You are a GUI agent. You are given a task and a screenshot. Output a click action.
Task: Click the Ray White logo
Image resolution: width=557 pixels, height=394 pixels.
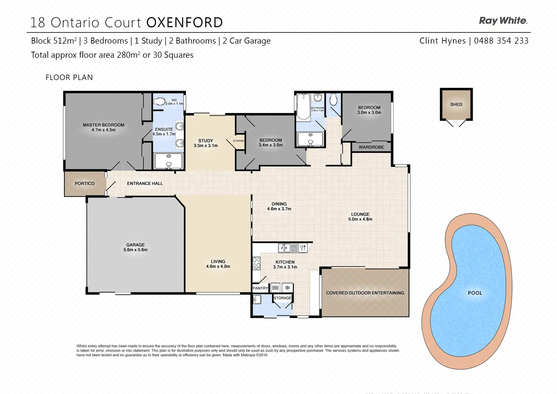(x=503, y=21)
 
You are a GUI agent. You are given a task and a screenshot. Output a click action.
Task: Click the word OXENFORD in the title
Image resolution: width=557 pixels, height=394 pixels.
(x=185, y=23)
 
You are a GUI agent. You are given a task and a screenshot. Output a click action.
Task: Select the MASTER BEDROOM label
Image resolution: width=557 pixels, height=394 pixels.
(x=103, y=125)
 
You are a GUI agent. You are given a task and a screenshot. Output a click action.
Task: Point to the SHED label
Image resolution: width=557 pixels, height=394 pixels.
(x=456, y=104)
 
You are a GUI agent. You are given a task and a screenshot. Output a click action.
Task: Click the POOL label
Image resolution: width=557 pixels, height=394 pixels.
(x=475, y=293)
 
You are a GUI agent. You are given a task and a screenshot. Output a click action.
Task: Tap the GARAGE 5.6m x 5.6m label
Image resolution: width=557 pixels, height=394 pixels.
(x=135, y=247)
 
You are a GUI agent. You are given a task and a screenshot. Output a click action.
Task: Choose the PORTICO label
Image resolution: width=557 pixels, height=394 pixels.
(x=85, y=184)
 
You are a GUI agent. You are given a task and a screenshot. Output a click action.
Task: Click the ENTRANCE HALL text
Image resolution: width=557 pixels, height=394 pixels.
(x=145, y=184)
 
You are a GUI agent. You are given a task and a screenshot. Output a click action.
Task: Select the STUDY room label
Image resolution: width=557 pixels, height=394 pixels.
(x=206, y=141)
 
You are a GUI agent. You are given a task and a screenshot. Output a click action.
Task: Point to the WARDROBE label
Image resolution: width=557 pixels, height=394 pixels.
(x=371, y=147)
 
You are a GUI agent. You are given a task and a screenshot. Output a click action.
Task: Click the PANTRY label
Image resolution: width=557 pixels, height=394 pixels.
(x=260, y=288)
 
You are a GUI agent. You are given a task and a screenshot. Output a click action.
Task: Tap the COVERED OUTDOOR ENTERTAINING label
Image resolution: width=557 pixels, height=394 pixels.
(x=365, y=293)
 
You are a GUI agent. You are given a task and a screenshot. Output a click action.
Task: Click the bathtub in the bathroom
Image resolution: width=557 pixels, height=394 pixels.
(x=303, y=107)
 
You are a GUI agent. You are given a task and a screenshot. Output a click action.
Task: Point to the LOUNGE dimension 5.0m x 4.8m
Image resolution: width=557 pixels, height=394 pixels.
(x=360, y=219)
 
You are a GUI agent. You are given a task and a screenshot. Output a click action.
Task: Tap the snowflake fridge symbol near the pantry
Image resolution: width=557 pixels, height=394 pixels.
(x=287, y=288)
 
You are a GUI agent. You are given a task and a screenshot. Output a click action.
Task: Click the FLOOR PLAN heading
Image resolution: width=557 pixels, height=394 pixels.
(x=69, y=77)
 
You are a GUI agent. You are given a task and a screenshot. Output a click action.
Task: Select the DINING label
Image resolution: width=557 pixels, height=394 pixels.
(x=279, y=204)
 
